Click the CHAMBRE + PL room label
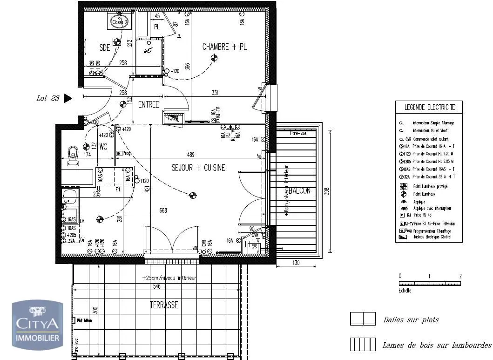[x=224, y=47]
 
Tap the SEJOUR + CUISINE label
[x=198, y=168]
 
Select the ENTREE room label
[x=149, y=105]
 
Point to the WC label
[x=103, y=147]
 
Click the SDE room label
[x=105, y=47]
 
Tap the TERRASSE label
[x=163, y=306]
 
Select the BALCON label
[x=299, y=191]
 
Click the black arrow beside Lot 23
[x=68, y=98]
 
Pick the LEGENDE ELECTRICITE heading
[x=429, y=108]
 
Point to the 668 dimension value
[x=163, y=211]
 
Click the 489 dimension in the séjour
[x=191, y=155]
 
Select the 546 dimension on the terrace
[x=156, y=286]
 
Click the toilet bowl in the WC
[x=73, y=154]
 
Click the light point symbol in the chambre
[x=214, y=58]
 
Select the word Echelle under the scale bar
[x=405, y=290]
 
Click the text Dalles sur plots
[x=411, y=320]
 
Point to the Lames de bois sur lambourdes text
[x=436, y=346]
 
